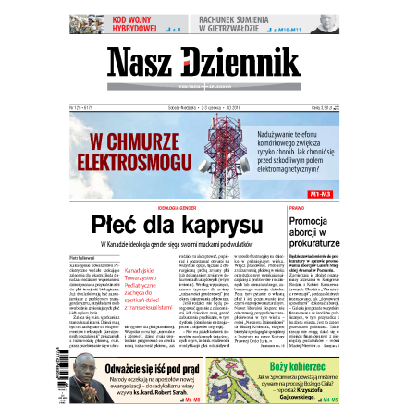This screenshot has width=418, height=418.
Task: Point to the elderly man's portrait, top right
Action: coord(324,25)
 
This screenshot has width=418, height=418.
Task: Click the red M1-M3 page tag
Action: coord(321,194)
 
